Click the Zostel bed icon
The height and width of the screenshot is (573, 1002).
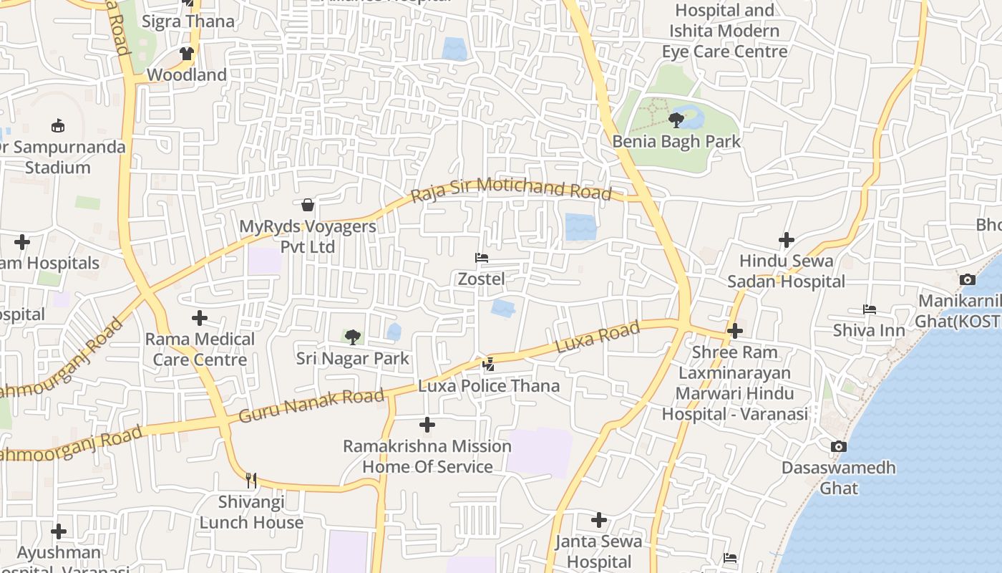[x=482, y=258]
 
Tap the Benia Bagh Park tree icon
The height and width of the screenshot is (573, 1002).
[x=676, y=120]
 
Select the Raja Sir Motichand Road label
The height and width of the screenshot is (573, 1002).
[x=512, y=190]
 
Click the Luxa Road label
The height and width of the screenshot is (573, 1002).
[x=597, y=337]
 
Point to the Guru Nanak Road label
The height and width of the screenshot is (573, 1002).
[x=311, y=406]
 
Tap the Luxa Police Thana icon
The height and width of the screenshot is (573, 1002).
[x=488, y=365]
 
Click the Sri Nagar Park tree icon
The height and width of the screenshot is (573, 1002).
[x=352, y=337]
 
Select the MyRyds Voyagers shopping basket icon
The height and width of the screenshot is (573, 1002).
[x=308, y=206]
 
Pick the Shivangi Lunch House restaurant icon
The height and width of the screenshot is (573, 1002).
[x=251, y=480]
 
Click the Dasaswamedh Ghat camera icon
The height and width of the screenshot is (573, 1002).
[x=838, y=446]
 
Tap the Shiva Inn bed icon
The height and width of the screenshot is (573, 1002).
[x=869, y=309]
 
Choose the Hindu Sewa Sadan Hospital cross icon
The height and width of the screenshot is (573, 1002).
[x=786, y=240]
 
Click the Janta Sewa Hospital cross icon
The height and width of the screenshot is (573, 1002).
[x=599, y=519]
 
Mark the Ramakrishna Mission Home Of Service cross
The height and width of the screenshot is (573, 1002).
[x=427, y=425]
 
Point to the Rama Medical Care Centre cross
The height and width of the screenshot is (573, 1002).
[x=200, y=318]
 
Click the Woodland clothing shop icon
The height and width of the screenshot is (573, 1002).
[x=187, y=54]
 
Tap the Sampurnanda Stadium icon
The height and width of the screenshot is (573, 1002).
[x=58, y=126]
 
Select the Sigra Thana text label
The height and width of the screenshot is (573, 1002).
[x=188, y=21]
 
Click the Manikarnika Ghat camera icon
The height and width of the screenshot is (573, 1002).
[x=968, y=279]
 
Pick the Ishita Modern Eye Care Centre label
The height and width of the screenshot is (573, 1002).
[x=724, y=31]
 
